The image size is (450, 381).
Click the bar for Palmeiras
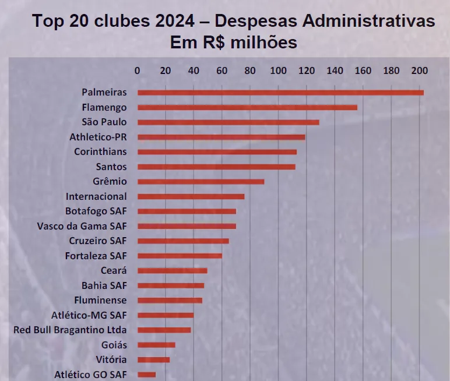pos(280,93)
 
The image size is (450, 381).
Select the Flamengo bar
pos(247,107)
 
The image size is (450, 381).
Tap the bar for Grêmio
pos(201,181)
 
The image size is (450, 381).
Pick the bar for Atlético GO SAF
pos(146,375)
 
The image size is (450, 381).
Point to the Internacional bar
pos(191,196)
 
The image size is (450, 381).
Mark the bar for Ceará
pos(172,270)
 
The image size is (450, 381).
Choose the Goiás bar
pos(156,345)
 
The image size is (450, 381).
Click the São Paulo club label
pos(105,122)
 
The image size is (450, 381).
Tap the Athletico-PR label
pos(98,137)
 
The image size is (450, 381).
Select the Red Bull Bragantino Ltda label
pos(70,330)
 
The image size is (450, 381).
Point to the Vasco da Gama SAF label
pos(82,226)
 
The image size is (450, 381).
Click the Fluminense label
pos(100,300)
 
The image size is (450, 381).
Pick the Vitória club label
pos(111,359)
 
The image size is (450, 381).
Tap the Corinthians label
pos(100,151)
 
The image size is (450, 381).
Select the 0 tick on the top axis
pos(138,70)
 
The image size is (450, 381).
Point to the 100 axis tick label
pos(279,70)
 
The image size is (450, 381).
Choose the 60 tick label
pos(222,70)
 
